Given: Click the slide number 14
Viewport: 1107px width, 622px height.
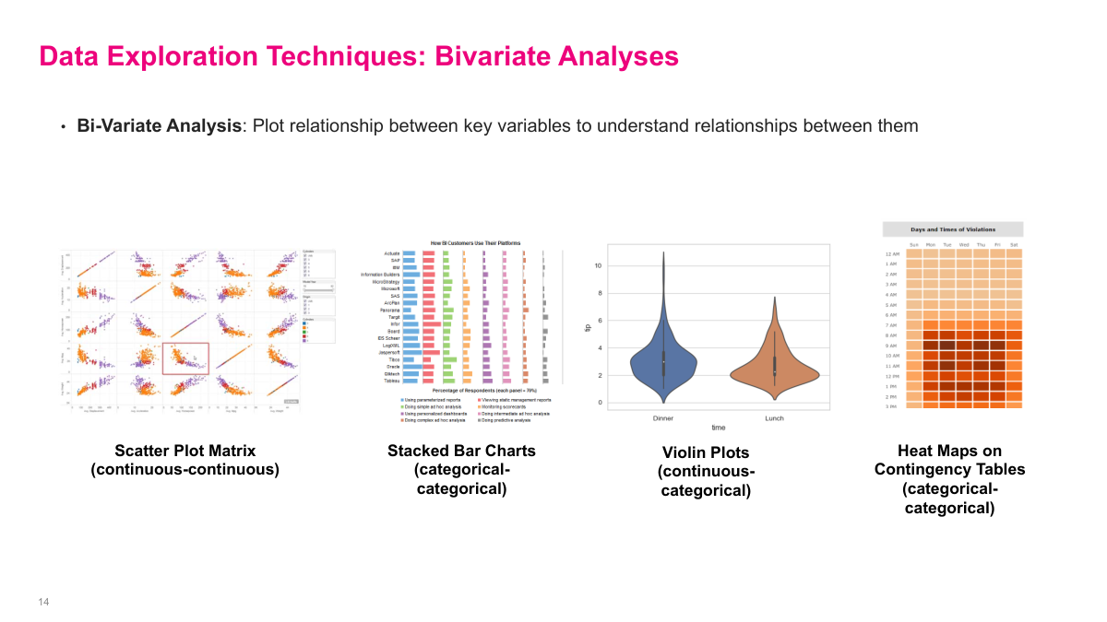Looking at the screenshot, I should (43, 602).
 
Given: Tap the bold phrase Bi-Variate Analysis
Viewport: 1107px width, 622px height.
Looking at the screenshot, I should (159, 125).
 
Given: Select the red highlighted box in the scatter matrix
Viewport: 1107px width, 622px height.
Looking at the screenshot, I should (185, 358).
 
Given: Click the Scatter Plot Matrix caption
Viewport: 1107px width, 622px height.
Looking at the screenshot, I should (184, 451).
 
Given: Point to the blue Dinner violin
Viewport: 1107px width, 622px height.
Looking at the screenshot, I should (663, 359).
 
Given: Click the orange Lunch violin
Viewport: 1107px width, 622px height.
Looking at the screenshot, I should (775, 369).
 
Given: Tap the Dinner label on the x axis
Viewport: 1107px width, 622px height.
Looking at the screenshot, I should (663, 417).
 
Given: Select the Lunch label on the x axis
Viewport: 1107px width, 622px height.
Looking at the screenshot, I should (775, 417).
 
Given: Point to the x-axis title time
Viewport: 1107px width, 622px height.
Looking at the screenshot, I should (719, 428).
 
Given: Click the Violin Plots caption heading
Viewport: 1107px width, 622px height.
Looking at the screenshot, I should (706, 452).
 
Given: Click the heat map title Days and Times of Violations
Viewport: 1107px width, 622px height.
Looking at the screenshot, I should (952, 229).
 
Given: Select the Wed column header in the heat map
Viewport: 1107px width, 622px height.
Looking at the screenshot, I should (964, 244).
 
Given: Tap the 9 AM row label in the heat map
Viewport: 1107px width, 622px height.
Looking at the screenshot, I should (892, 346).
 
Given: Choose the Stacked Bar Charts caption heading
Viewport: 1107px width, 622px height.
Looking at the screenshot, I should (461, 451).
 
